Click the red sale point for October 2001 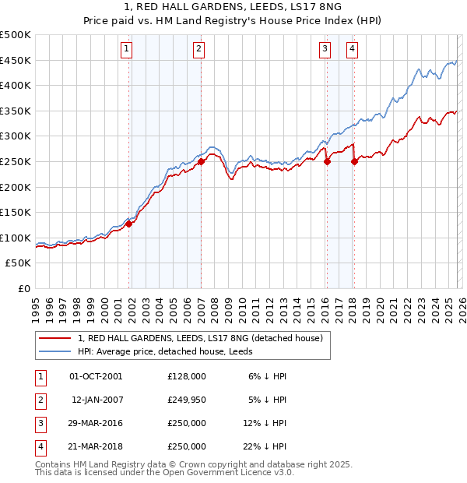coord(129,224)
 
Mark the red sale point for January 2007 coord(201,162)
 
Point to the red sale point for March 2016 coord(327,162)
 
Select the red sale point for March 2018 coord(354,162)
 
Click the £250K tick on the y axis coord(16,161)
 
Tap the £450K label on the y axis coord(16,60)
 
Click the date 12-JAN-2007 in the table coord(97,400)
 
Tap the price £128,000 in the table coord(187,375)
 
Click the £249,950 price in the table coord(187,400)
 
